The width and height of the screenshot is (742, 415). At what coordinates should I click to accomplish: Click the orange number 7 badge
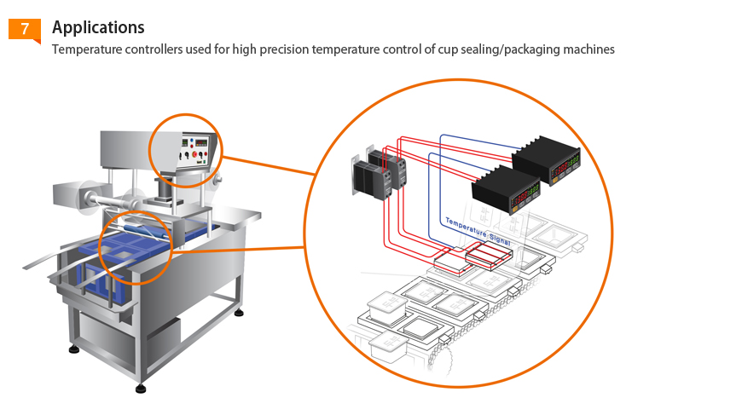click(25, 29)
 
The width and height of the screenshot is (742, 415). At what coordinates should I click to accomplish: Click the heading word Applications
click(98, 28)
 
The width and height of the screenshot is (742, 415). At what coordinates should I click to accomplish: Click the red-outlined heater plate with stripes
click(487, 252)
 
